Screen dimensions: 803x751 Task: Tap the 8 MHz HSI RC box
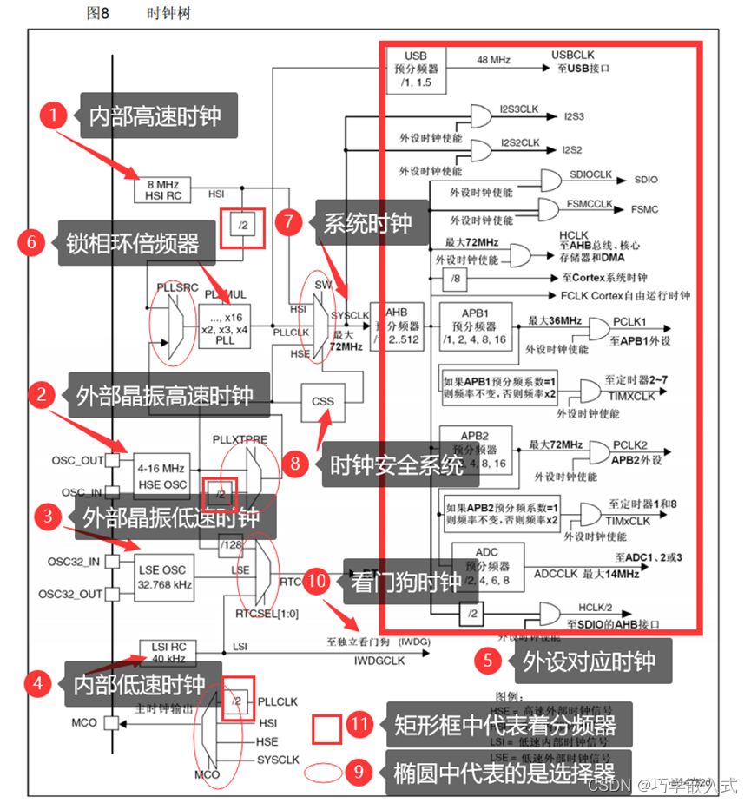click(x=162, y=189)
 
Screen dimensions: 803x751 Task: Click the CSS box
click(x=323, y=402)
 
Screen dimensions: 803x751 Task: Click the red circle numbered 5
click(x=489, y=661)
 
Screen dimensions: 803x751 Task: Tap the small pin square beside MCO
click(x=110, y=722)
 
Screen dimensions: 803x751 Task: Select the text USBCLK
click(x=572, y=55)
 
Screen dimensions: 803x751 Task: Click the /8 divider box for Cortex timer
click(x=455, y=279)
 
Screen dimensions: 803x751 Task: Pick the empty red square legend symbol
click(x=326, y=729)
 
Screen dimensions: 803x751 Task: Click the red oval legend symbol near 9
click(x=326, y=772)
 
